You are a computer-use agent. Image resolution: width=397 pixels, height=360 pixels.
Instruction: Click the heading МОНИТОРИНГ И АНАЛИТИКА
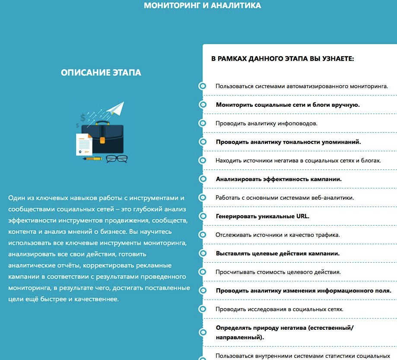pyautogui.click(x=202, y=6)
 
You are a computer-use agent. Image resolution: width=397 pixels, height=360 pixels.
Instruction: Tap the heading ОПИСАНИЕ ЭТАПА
pyautogui.click(x=101, y=73)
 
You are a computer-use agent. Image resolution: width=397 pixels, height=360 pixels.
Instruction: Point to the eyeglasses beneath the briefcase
pyautogui.click(x=116, y=159)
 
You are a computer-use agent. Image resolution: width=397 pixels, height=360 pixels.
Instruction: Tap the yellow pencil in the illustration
pyautogui.click(x=93, y=159)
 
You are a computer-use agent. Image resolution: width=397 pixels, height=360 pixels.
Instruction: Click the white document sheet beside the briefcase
pyautogui.click(x=84, y=144)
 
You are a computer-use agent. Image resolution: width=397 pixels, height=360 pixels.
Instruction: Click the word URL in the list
pyautogui.click(x=303, y=216)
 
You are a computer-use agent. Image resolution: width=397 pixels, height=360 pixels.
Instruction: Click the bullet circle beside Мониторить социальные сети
pyautogui.click(x=202, y=105)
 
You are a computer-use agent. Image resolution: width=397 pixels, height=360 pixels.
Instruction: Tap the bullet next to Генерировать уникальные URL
pyautogui.click(x=202, y=216)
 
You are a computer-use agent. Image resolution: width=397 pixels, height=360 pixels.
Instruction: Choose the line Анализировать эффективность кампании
pyautogui.click(x=279, y=179)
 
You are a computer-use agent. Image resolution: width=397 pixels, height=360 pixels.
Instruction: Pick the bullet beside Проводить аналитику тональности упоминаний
pyautogui.click(x=202, y=142)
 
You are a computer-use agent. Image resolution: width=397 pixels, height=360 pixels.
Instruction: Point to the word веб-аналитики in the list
pyautogui.click(x=333, y=198)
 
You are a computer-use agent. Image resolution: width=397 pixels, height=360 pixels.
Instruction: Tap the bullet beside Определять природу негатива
pyautogui.click(x=202, y=332)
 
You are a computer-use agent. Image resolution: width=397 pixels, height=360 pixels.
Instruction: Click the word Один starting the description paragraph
pyautogui.click(x=16, y=198)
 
